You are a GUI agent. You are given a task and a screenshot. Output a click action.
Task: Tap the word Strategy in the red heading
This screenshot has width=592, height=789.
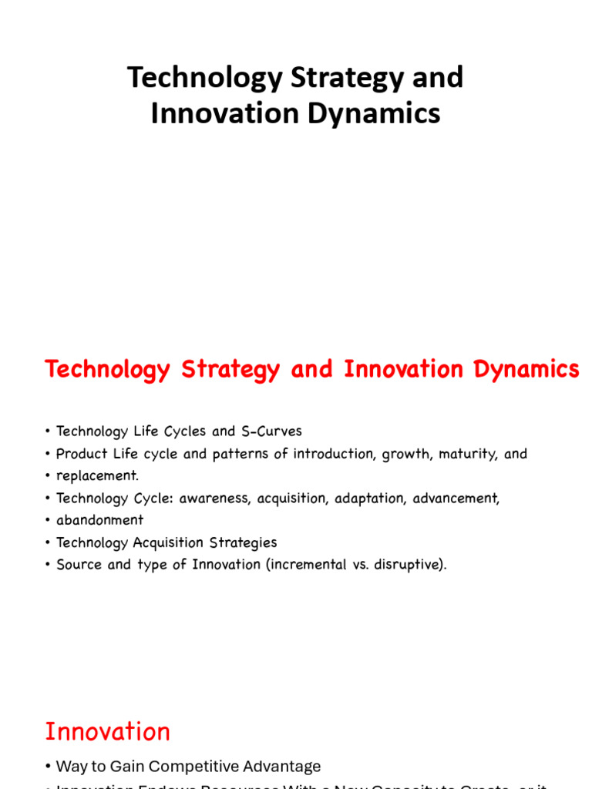(x=230, y=370)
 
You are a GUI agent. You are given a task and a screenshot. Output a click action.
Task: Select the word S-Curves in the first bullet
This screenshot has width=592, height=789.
(x=269, y=431)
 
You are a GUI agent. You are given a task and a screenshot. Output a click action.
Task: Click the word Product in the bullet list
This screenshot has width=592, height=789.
(x=81, y=454)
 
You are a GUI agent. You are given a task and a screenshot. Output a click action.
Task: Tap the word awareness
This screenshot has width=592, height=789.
(x=215, y=499)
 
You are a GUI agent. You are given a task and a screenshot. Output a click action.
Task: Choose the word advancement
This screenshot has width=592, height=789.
(x=456, y=499)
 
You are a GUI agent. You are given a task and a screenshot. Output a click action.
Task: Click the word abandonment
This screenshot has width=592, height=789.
(x=100, y=520)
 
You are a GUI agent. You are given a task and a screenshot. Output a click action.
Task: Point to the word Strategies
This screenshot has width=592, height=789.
(x=243, y=542)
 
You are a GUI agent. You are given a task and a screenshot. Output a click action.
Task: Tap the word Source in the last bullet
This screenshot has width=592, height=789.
(x=78, y=565)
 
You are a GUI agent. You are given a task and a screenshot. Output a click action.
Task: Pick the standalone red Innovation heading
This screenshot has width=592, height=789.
(x=107, y=731)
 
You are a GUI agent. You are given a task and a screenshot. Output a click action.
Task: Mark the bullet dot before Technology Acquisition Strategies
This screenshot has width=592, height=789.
(x=48, y=543)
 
